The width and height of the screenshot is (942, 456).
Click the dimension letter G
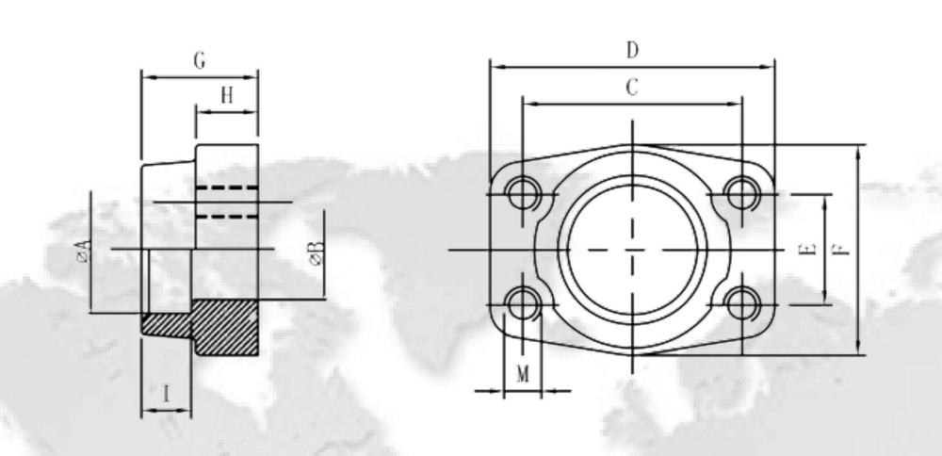click(200, 61)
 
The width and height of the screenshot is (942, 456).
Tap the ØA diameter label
click(85, 252)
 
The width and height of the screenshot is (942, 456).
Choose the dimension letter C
click(633, 88)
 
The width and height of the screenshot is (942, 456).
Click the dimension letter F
click(840, 250)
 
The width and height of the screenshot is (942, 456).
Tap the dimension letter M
click(524, 374)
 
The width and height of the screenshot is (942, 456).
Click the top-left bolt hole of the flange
click(520, 194)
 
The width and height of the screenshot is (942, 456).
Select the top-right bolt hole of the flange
click(743, 194)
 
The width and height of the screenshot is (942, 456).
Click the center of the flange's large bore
click(632, 250)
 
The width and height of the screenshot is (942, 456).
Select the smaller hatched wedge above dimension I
click(166, 326)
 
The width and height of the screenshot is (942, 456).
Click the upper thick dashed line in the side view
click(226, 189)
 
